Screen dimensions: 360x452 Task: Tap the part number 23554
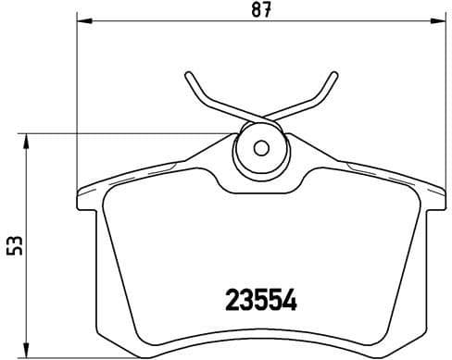coord(261,301)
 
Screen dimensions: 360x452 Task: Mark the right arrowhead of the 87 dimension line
coord(443,19)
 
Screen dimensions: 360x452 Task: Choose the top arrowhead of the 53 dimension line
coord(26,139)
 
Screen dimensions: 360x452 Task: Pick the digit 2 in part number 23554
coord(234,301)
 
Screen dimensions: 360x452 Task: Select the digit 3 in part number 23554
coord(247,301)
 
